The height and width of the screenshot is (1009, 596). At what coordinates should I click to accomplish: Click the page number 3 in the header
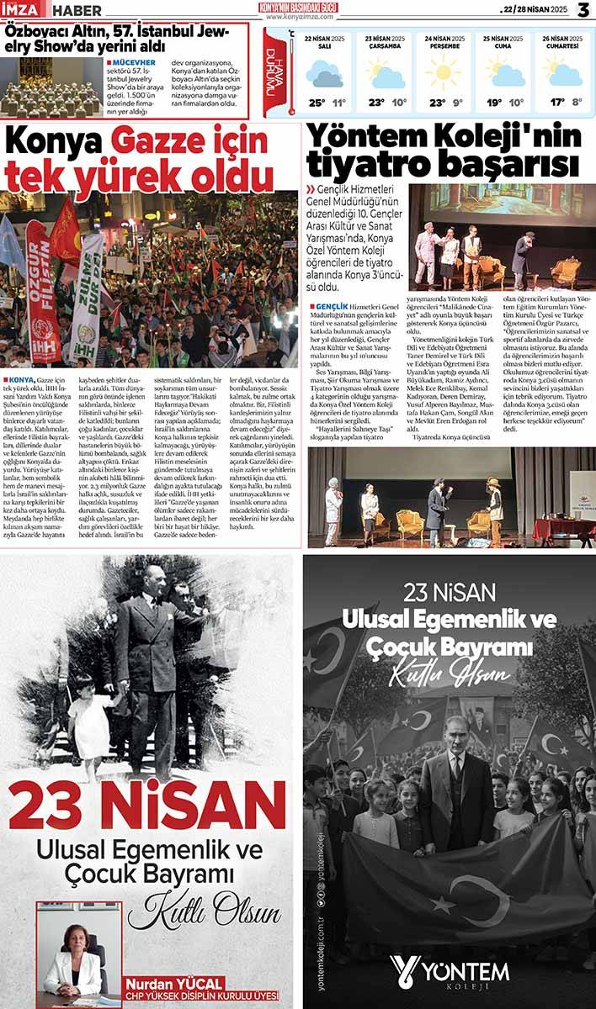tap(583, 9)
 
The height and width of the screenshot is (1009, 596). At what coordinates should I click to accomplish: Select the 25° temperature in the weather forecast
tap(317, 103)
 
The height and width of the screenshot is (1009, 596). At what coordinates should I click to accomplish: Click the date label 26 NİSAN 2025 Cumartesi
tap(563, 43)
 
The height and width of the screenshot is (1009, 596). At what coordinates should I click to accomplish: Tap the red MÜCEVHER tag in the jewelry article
tap(130, 62)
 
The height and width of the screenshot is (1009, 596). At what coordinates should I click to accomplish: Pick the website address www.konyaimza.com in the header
tap(301, 17)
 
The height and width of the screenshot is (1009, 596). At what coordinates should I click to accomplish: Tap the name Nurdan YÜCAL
tap(174, 983)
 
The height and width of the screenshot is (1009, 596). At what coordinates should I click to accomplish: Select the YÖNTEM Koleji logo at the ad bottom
tap(449, 971)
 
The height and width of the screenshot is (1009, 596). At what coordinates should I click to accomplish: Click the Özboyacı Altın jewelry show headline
tap(126, 38)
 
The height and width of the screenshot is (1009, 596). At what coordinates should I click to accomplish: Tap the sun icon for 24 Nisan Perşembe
tap(443, 72)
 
